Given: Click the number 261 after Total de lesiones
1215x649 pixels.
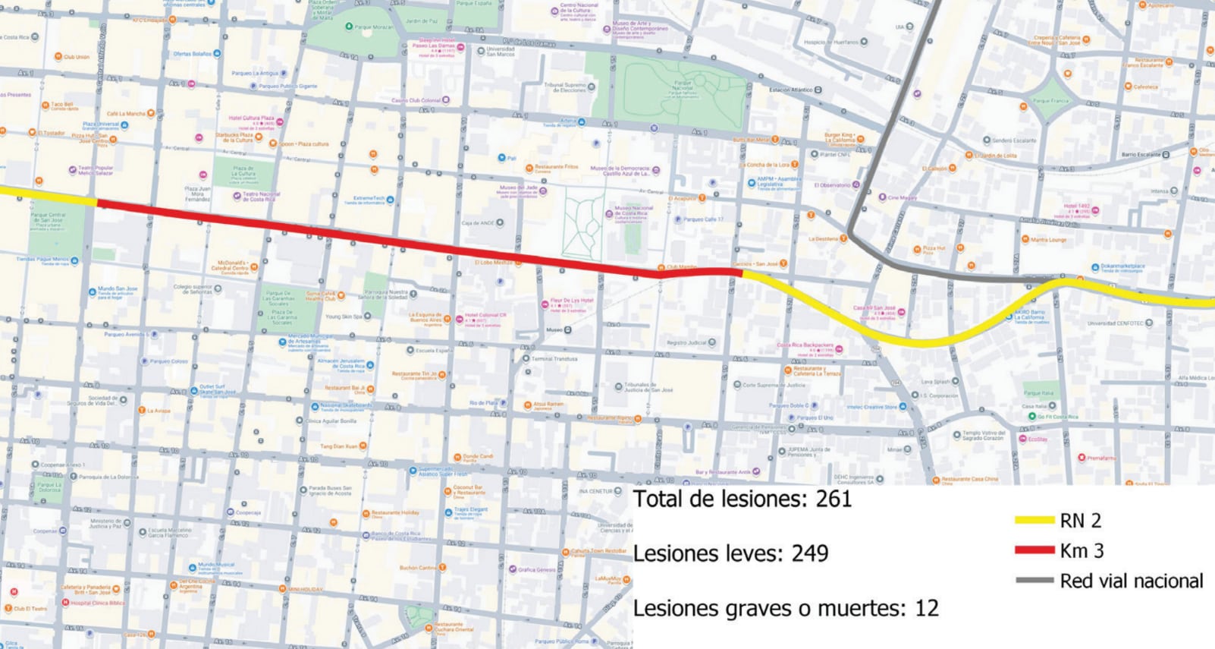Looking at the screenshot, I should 834,499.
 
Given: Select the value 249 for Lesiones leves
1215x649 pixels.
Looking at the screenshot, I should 810,553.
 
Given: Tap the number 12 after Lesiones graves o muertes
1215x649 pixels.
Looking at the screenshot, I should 927,608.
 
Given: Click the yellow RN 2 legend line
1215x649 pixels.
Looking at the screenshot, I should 1034,521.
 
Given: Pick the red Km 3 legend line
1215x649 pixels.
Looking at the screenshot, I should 1034,550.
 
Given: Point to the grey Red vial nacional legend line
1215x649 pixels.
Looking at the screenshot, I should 1034,581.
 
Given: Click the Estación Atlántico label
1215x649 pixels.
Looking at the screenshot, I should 791,90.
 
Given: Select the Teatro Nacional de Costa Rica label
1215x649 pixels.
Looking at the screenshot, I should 261,196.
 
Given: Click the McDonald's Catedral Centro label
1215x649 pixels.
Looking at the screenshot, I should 230,266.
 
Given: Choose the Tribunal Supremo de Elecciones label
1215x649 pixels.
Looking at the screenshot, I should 565,87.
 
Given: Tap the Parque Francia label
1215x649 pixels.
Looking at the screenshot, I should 1050,100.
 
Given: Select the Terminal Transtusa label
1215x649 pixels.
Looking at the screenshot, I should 554,358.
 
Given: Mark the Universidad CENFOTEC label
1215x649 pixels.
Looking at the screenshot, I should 1119,323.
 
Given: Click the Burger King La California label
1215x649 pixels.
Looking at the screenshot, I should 839,137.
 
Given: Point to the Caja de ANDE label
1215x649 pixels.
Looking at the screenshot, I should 478,223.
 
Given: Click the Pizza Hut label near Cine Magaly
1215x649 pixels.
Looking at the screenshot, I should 934,248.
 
